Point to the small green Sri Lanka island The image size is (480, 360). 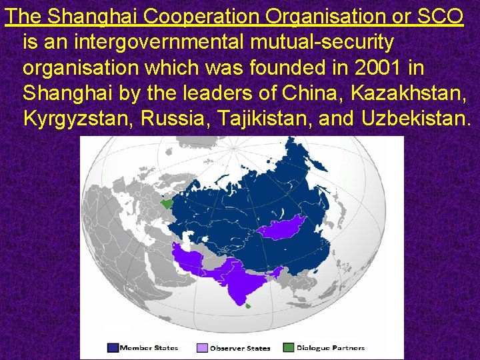[x=248, y=305]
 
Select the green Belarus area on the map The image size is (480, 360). [x=166, y=200]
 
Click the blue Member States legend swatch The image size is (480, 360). [x=113, y=347]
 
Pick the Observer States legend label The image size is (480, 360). [x=240, y=348]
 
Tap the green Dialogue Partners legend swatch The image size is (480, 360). [x=289, y=347]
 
